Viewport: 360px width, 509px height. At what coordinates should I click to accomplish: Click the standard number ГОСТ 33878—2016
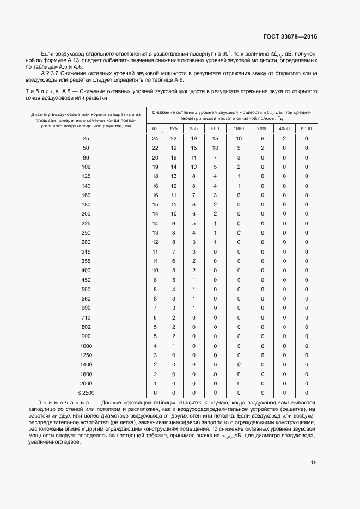(290, 36)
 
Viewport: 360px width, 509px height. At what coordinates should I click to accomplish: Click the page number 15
(313, 463)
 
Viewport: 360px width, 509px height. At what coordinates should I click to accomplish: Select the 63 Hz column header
(155, 128)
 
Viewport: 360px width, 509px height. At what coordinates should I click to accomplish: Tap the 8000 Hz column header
(306, 128)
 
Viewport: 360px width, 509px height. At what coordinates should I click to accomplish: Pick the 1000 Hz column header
(239, 128)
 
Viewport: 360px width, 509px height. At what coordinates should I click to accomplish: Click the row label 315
(86, 252)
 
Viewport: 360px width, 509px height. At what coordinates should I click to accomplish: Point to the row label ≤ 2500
(86, 393)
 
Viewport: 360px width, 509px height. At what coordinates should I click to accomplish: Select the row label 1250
(86, 355)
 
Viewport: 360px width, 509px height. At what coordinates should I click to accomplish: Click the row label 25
(86, 139)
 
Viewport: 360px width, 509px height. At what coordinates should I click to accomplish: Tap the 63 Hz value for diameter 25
(155, 139)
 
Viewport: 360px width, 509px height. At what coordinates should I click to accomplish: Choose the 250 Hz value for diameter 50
(194, 148)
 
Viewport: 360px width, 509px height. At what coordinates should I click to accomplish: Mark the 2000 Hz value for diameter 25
(262, 139)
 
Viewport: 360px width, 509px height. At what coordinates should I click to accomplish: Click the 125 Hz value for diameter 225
(174, 223)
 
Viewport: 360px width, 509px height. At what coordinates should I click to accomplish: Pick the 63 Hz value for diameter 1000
(155, 346)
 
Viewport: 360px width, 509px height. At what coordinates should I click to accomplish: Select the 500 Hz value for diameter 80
(215, 157)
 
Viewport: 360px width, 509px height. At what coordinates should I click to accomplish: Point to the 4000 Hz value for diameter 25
(284, 139)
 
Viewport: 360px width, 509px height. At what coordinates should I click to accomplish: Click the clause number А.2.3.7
(50, 72)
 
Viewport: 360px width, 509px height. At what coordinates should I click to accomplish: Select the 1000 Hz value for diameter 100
(239, 167)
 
